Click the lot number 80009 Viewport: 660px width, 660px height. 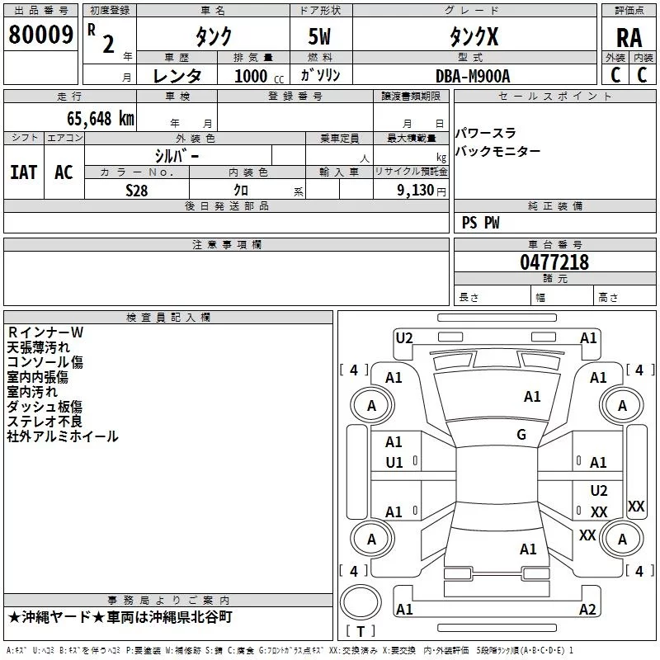click(40, 35)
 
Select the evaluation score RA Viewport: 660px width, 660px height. click(629, 37)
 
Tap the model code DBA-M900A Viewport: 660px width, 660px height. click(473, 76)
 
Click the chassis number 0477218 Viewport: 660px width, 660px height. click(554, 262)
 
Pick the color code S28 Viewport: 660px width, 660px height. click(136, 190)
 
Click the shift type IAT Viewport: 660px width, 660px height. click(23, 172)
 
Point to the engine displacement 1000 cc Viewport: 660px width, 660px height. click(256, 76)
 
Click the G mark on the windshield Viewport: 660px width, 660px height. click(521, 435)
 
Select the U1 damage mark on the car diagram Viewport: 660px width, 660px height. click(394, 463)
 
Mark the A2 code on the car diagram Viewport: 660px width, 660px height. click(587, 610)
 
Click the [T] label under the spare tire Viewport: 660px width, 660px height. click(360, 631)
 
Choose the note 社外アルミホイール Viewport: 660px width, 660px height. click(63, 436)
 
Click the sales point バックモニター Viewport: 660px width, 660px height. click(498, 152)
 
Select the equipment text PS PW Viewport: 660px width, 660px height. click(480, 223)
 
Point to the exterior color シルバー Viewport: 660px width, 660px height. click(177, 155)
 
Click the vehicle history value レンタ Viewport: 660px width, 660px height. click(177, 76)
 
